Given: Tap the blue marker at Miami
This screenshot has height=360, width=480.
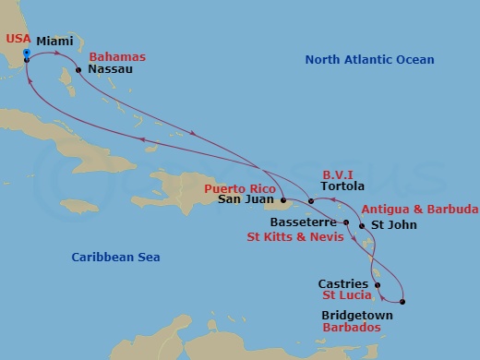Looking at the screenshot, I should pyautogui.click(x=27, y=53).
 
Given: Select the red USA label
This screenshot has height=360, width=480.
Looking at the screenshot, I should pyautogui.click(x=18, y=38).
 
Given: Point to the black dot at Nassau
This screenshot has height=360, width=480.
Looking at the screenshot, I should pyautogui.click(x=80, y=68).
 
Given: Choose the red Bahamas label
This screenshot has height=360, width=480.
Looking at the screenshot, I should pyautogui.click(x=117, y=55).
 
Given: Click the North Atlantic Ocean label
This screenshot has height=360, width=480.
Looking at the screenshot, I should pyautogui.click(x=369, y=60).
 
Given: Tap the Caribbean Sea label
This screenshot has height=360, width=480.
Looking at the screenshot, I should pyautogui.click(x=112, y=257).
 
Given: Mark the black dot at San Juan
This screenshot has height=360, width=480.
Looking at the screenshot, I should pyautogui.click(x=282, y=198).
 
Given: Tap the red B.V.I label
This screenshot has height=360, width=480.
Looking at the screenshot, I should pyautogui.click(x=337, y=173).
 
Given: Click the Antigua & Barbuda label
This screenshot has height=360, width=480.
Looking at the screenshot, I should pyautogui.click(x=419, y=209).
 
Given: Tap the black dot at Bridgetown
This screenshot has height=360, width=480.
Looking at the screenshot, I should pyautogui.click(x=403, y=301).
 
